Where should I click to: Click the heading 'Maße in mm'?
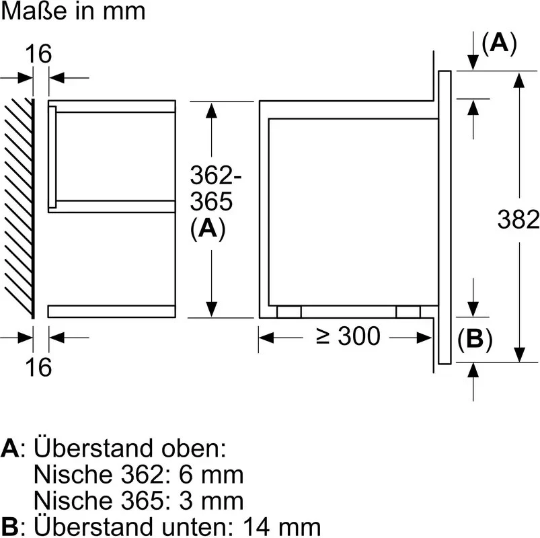pos(73,11)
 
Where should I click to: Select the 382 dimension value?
pos(518,219)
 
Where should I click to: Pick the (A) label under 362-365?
pos(208,229)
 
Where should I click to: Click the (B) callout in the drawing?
pos(475,340)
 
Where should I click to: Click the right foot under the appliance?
pos(408,311)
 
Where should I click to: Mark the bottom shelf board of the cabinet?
pos(112,310)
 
